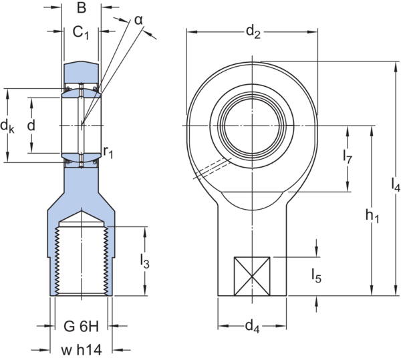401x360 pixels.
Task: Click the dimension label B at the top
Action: [x=81, y=8]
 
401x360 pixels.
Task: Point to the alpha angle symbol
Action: [x=138, y=21]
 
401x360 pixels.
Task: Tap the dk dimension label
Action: [x=7, y=125]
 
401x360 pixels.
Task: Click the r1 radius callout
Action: [x=109, y=153]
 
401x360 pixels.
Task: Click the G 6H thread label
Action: [x=81, y=327]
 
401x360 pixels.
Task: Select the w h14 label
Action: [x=81, y=349]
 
